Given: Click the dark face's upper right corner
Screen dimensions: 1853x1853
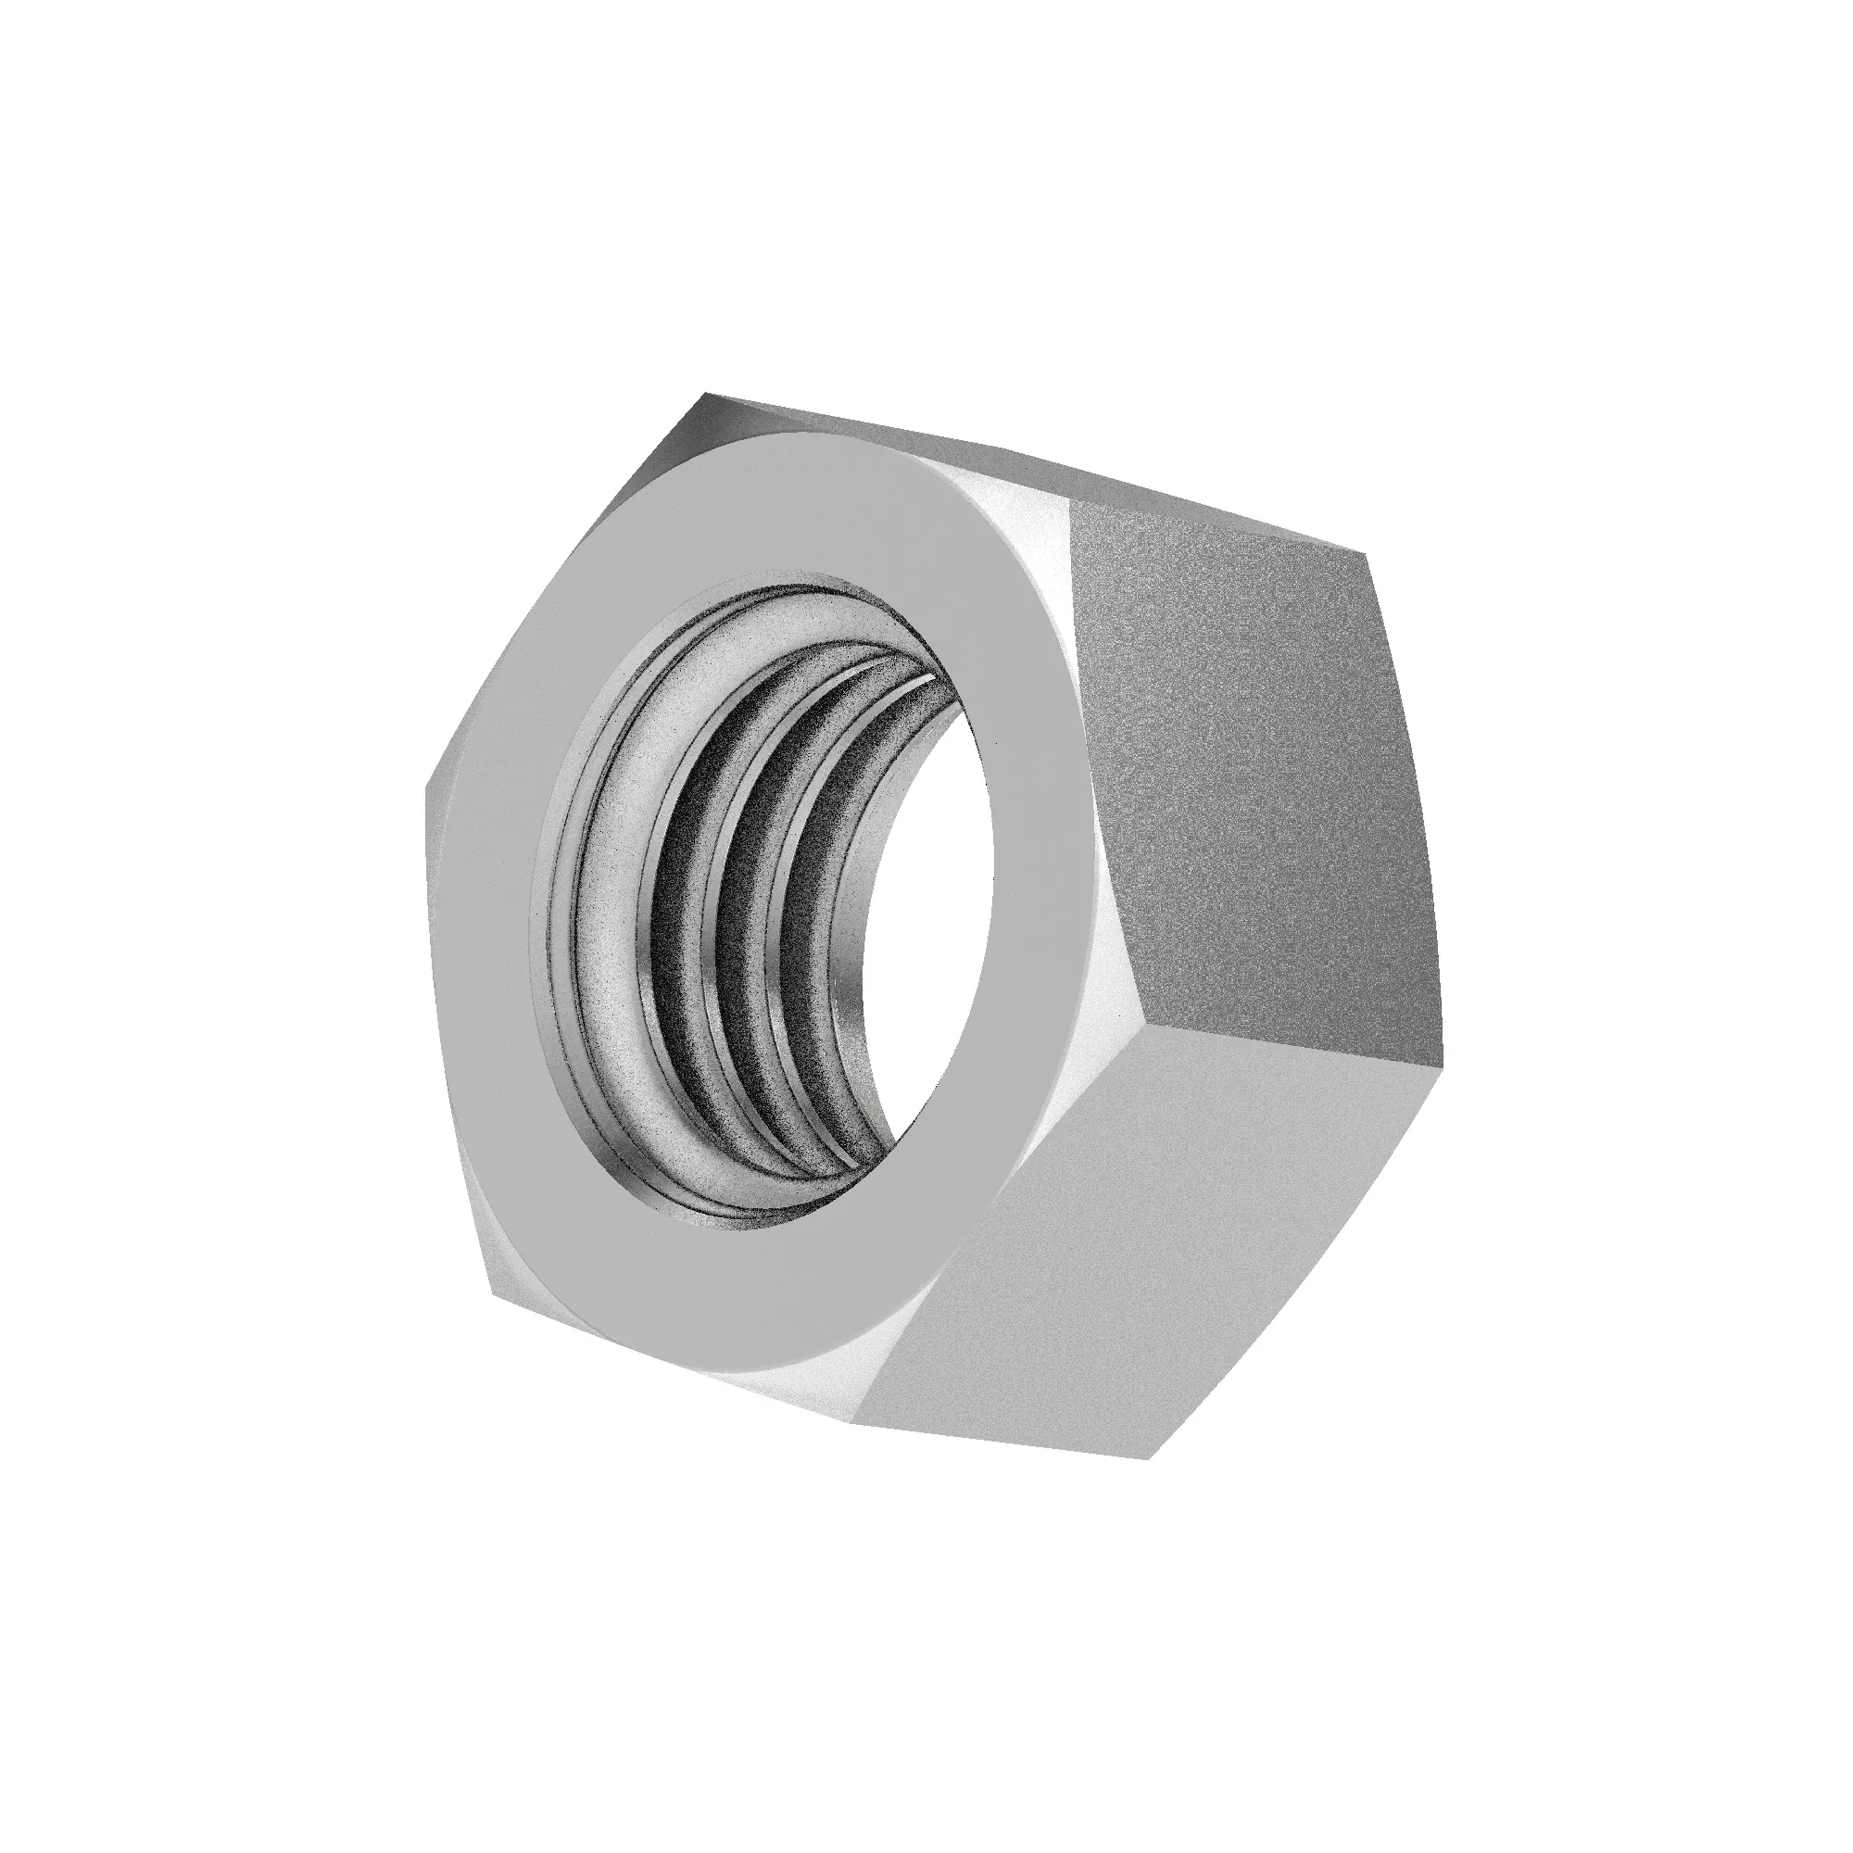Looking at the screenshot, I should point(1364,553).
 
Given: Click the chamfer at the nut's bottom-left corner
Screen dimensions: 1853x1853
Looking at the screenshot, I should point(509,1266).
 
